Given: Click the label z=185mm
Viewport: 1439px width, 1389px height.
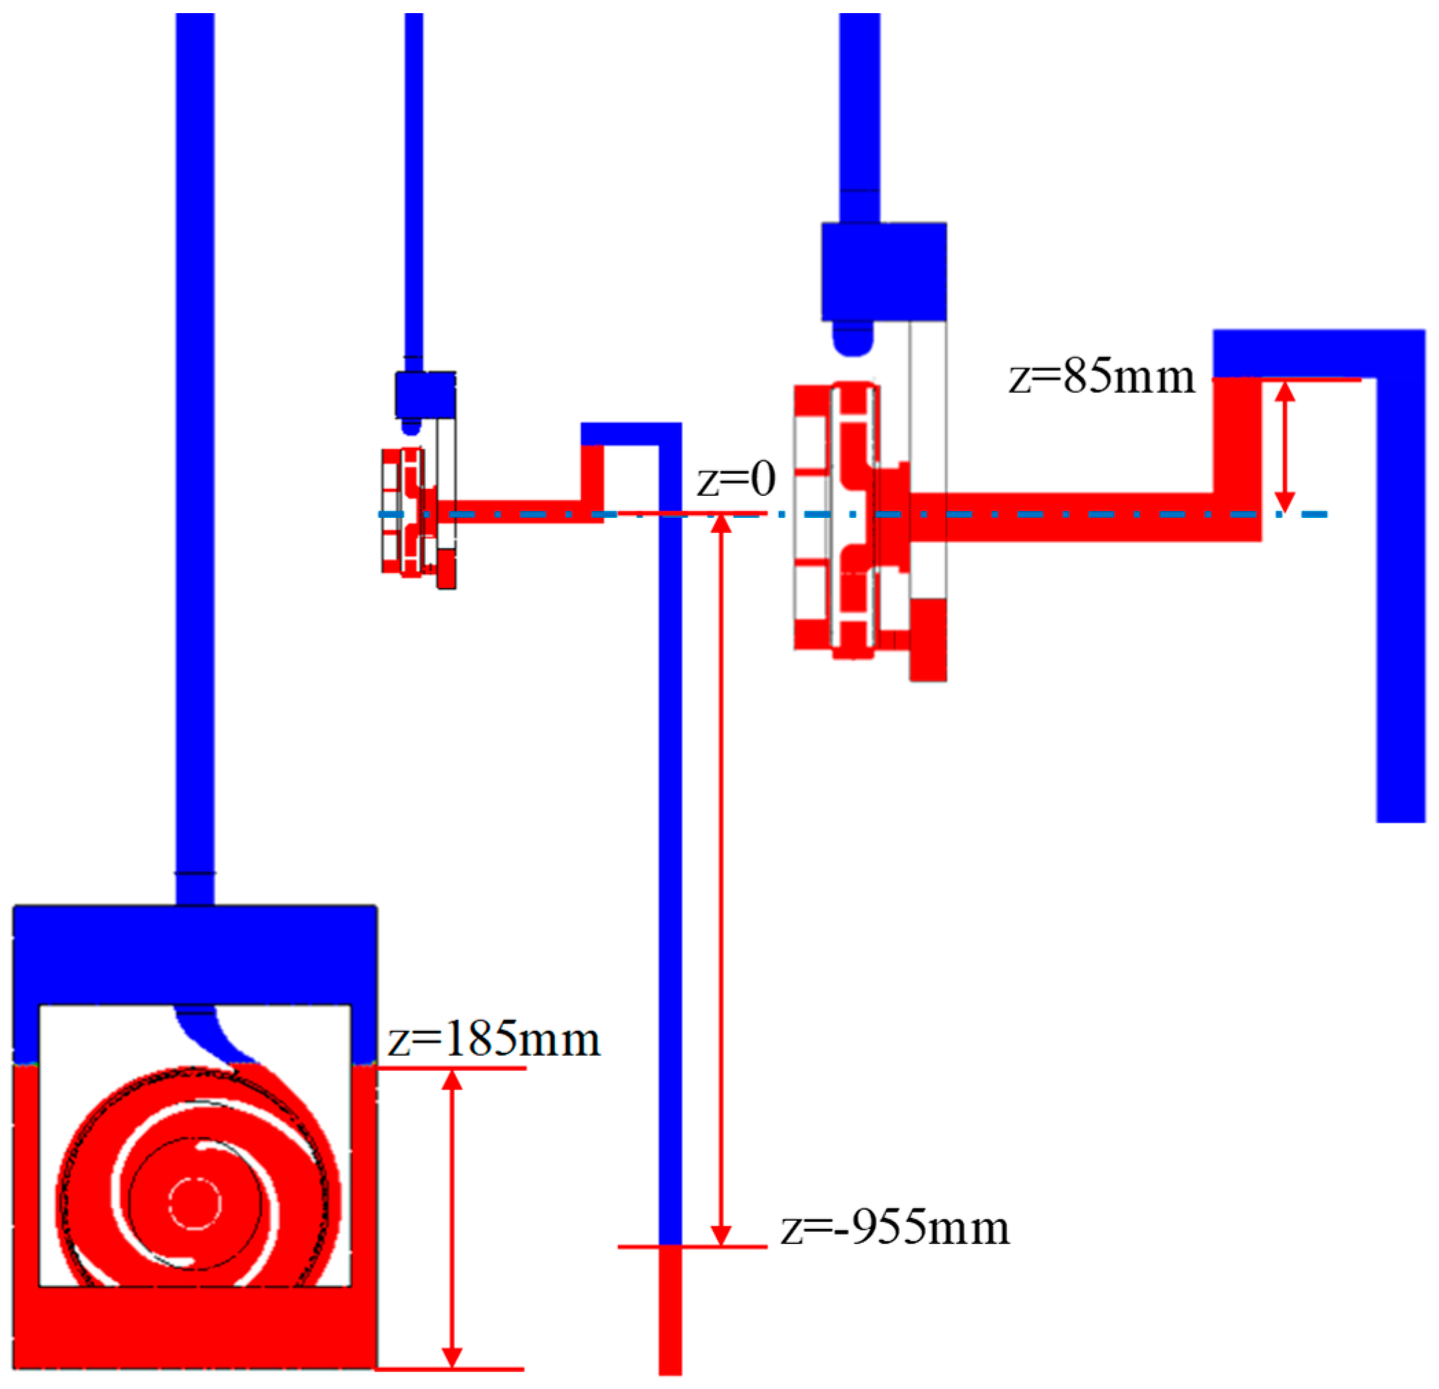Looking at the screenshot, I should click(x=494, y=1040).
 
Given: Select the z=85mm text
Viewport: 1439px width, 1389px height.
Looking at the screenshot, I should click(x=1102, y=377).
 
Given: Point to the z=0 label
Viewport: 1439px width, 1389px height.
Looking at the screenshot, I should click(x=736, y=480).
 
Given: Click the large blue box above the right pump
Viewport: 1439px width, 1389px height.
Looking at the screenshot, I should click(x=883, y=271).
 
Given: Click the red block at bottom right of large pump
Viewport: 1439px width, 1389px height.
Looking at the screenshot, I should click(x=927, y=640).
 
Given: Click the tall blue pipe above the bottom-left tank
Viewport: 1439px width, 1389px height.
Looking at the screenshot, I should click(x=195, y=440).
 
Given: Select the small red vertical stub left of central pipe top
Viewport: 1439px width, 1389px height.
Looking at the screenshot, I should click(x=592, y=473).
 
